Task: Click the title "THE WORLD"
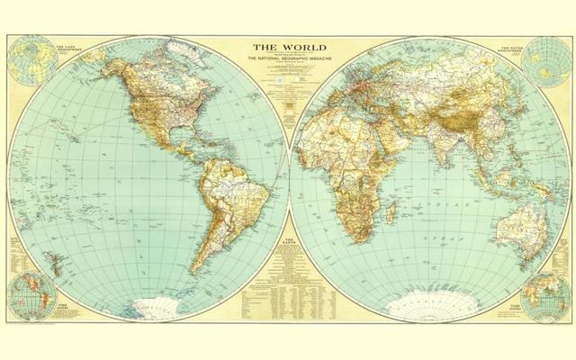[x=288, y=47]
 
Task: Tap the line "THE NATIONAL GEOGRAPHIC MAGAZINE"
[x=288, y=60]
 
